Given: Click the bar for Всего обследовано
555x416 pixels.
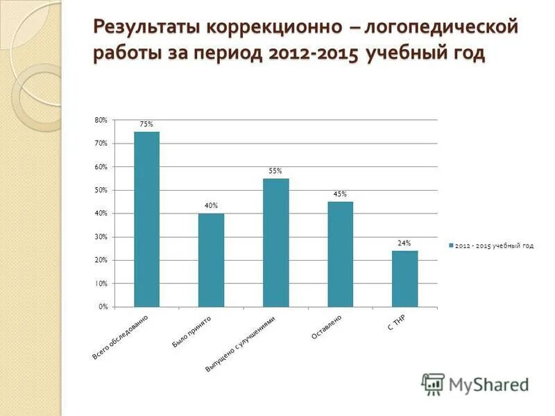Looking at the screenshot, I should point(146,219).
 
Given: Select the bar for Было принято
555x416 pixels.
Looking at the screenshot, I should point(211,260).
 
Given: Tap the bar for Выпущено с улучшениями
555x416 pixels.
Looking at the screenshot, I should point(275,243).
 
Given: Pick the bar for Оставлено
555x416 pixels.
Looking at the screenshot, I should point(340,254).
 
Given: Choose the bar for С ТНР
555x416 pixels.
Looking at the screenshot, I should point(404,279).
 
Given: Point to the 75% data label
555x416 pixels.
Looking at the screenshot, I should point(146,124).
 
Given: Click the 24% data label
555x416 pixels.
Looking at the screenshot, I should point(404,243).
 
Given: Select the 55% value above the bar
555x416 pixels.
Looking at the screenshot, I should point(275,171).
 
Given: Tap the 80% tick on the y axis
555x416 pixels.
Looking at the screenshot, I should point(101,120).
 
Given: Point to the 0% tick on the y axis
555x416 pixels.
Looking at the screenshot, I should point(103,306).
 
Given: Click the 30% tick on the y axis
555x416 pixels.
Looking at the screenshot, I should point(101,236).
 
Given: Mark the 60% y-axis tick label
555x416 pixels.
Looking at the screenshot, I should point(101,166).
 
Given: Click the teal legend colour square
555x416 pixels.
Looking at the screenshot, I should point(452,245).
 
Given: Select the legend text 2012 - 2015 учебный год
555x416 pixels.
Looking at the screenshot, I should point(495,245).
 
